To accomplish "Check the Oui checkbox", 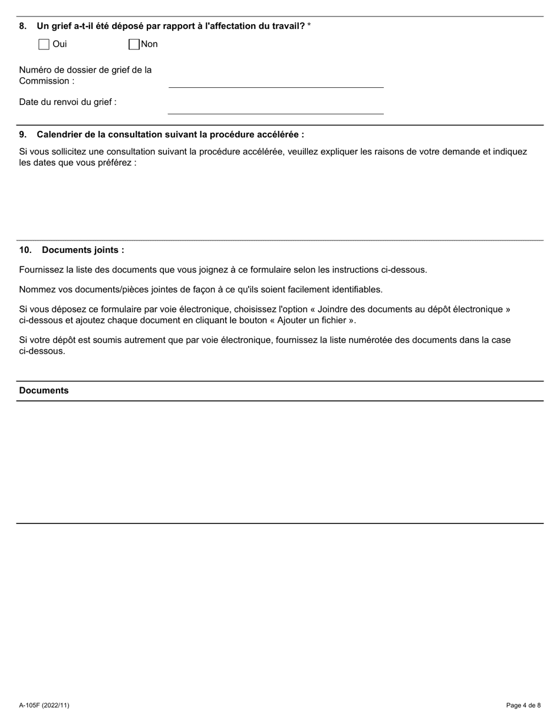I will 44,44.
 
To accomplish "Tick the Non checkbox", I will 134,44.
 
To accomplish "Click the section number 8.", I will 22,26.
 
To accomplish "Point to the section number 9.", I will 22,134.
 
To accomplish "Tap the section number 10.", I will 25,250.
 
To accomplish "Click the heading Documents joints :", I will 83,250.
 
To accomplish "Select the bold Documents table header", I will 44,391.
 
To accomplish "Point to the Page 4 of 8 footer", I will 523,705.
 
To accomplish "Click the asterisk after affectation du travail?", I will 309,26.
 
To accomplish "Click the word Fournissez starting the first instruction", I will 41,270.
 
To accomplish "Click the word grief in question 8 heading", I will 61,26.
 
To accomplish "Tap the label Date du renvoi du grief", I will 67,102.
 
